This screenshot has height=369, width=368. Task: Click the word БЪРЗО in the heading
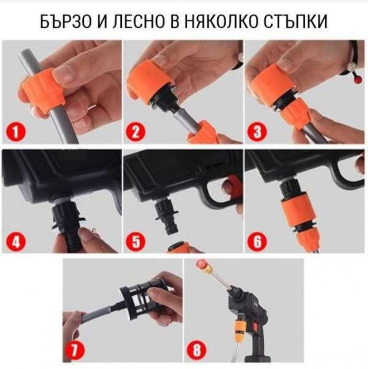click(x=66, y=22)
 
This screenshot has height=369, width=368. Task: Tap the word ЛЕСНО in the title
click(x=139, y=22)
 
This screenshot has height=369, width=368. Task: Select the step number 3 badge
click(x=257, y=131)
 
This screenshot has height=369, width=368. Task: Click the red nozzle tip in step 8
click(x=201, y=263)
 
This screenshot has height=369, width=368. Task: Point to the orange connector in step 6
click(x=297, y=213)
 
